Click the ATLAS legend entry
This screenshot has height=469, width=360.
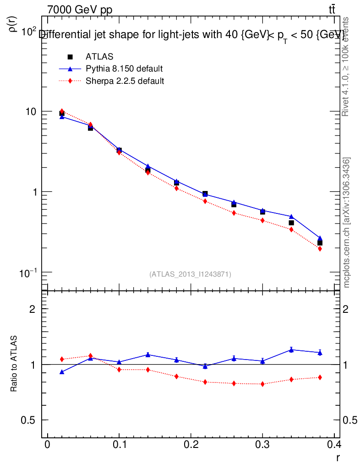[x=99, y=57]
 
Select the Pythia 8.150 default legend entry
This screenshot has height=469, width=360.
[x=124, y=69]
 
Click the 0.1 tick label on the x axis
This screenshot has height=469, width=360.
[x=119, y=445]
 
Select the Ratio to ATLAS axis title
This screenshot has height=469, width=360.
[x=14, y=364]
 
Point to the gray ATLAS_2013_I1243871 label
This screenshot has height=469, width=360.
[x=190, y=274]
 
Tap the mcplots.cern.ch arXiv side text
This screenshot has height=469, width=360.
[x=347, y=223]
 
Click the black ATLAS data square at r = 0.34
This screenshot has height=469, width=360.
[x=291, y=223]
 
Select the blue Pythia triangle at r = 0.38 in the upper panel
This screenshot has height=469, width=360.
[x=320, y=238]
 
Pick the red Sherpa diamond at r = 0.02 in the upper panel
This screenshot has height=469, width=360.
[x=62, y=111]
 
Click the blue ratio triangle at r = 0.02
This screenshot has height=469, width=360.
[x=62, y=372]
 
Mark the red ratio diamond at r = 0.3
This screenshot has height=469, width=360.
[x=262, y=384]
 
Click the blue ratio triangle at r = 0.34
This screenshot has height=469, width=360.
[x=291, y=350]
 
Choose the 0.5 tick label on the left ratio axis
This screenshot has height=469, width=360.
[x=27, y=420]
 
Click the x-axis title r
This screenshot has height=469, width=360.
[x=338, y=457]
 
